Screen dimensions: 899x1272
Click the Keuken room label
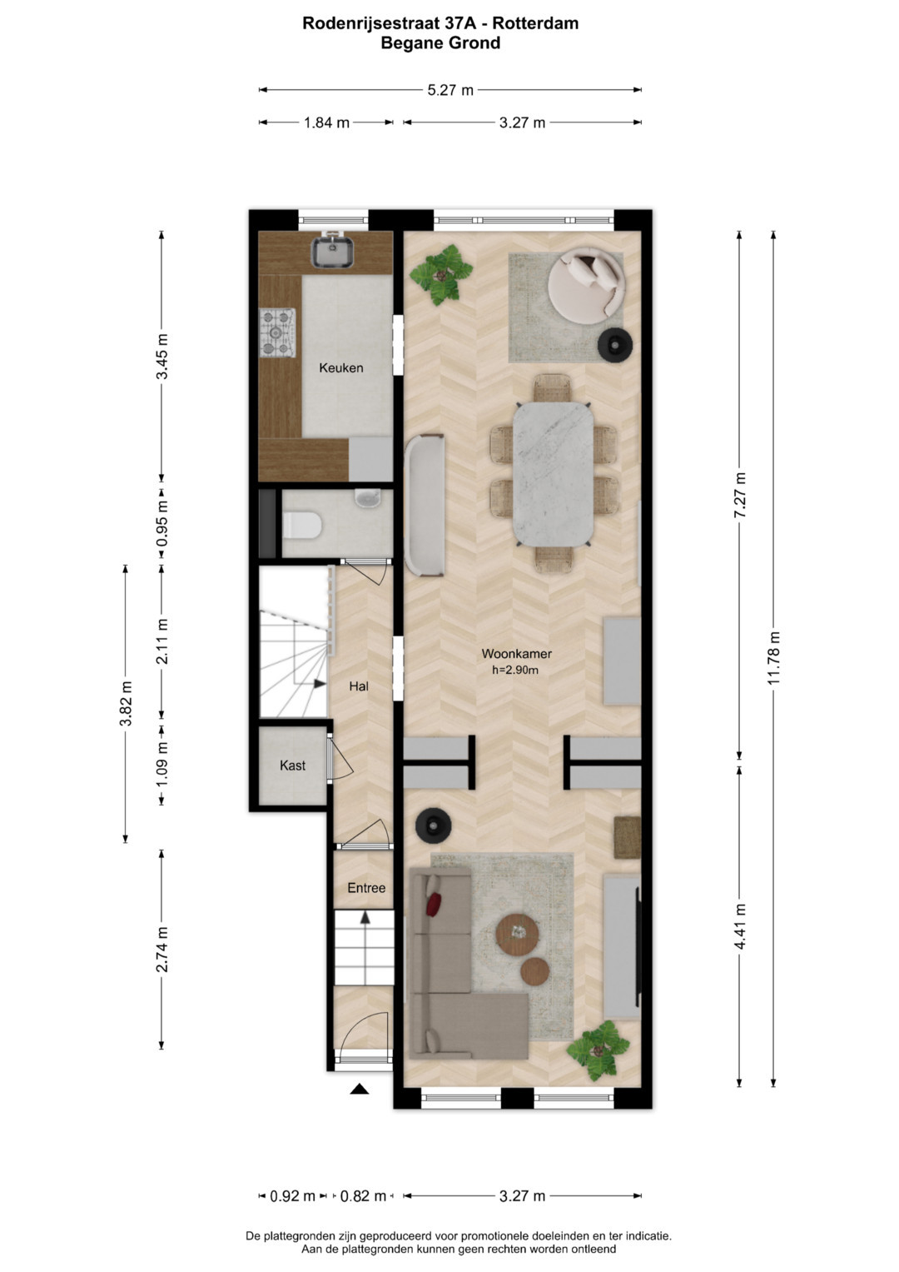click(340, 368)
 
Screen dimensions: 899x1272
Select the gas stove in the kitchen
click(278, 332)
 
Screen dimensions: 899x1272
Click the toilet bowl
click(302, 526)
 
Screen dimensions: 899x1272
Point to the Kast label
click(292, 766)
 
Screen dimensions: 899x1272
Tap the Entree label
click(366, 887)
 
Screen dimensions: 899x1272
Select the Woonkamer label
click(516, 654)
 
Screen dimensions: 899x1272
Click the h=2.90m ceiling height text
click(515, 670)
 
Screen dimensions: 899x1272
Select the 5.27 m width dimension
click(450, 90)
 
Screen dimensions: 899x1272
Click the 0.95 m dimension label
click(162, 523)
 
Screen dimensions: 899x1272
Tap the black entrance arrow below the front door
click(359, 1089)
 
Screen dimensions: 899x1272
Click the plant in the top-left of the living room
click(441, 276)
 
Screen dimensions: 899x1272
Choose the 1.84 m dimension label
click(326, 122)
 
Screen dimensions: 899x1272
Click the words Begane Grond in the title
click(440, 43)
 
